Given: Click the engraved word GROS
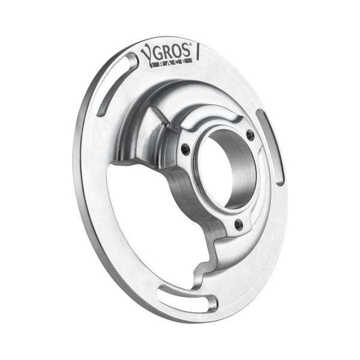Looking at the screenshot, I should [x=171, y=52].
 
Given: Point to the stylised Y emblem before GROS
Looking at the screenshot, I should [x=147, y=55].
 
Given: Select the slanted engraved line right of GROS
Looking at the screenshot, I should [x=198, y=52].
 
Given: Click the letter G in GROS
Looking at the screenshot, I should [x=158, y=53].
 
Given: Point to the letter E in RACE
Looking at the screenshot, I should [x=187, y=59].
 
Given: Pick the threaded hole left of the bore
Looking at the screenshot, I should [x=186, y=148].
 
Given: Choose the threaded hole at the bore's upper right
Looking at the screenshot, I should [x=250, y=135].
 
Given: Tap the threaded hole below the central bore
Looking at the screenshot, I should [x=238, y=224].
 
